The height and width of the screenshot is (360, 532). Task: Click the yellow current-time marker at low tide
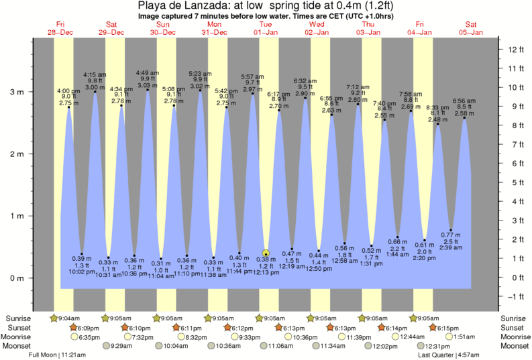266,253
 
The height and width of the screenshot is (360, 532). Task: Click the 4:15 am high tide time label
94,74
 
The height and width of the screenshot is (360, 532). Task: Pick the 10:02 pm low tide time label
81,272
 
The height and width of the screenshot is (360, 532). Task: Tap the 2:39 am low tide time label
451,247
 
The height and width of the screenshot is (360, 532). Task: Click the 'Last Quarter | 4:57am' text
447,354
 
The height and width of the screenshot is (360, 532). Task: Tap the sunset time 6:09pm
89,327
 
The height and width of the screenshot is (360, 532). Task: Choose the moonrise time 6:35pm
89,337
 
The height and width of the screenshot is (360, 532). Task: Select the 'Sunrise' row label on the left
19,318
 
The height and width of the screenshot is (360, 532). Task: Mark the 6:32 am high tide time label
305,81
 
